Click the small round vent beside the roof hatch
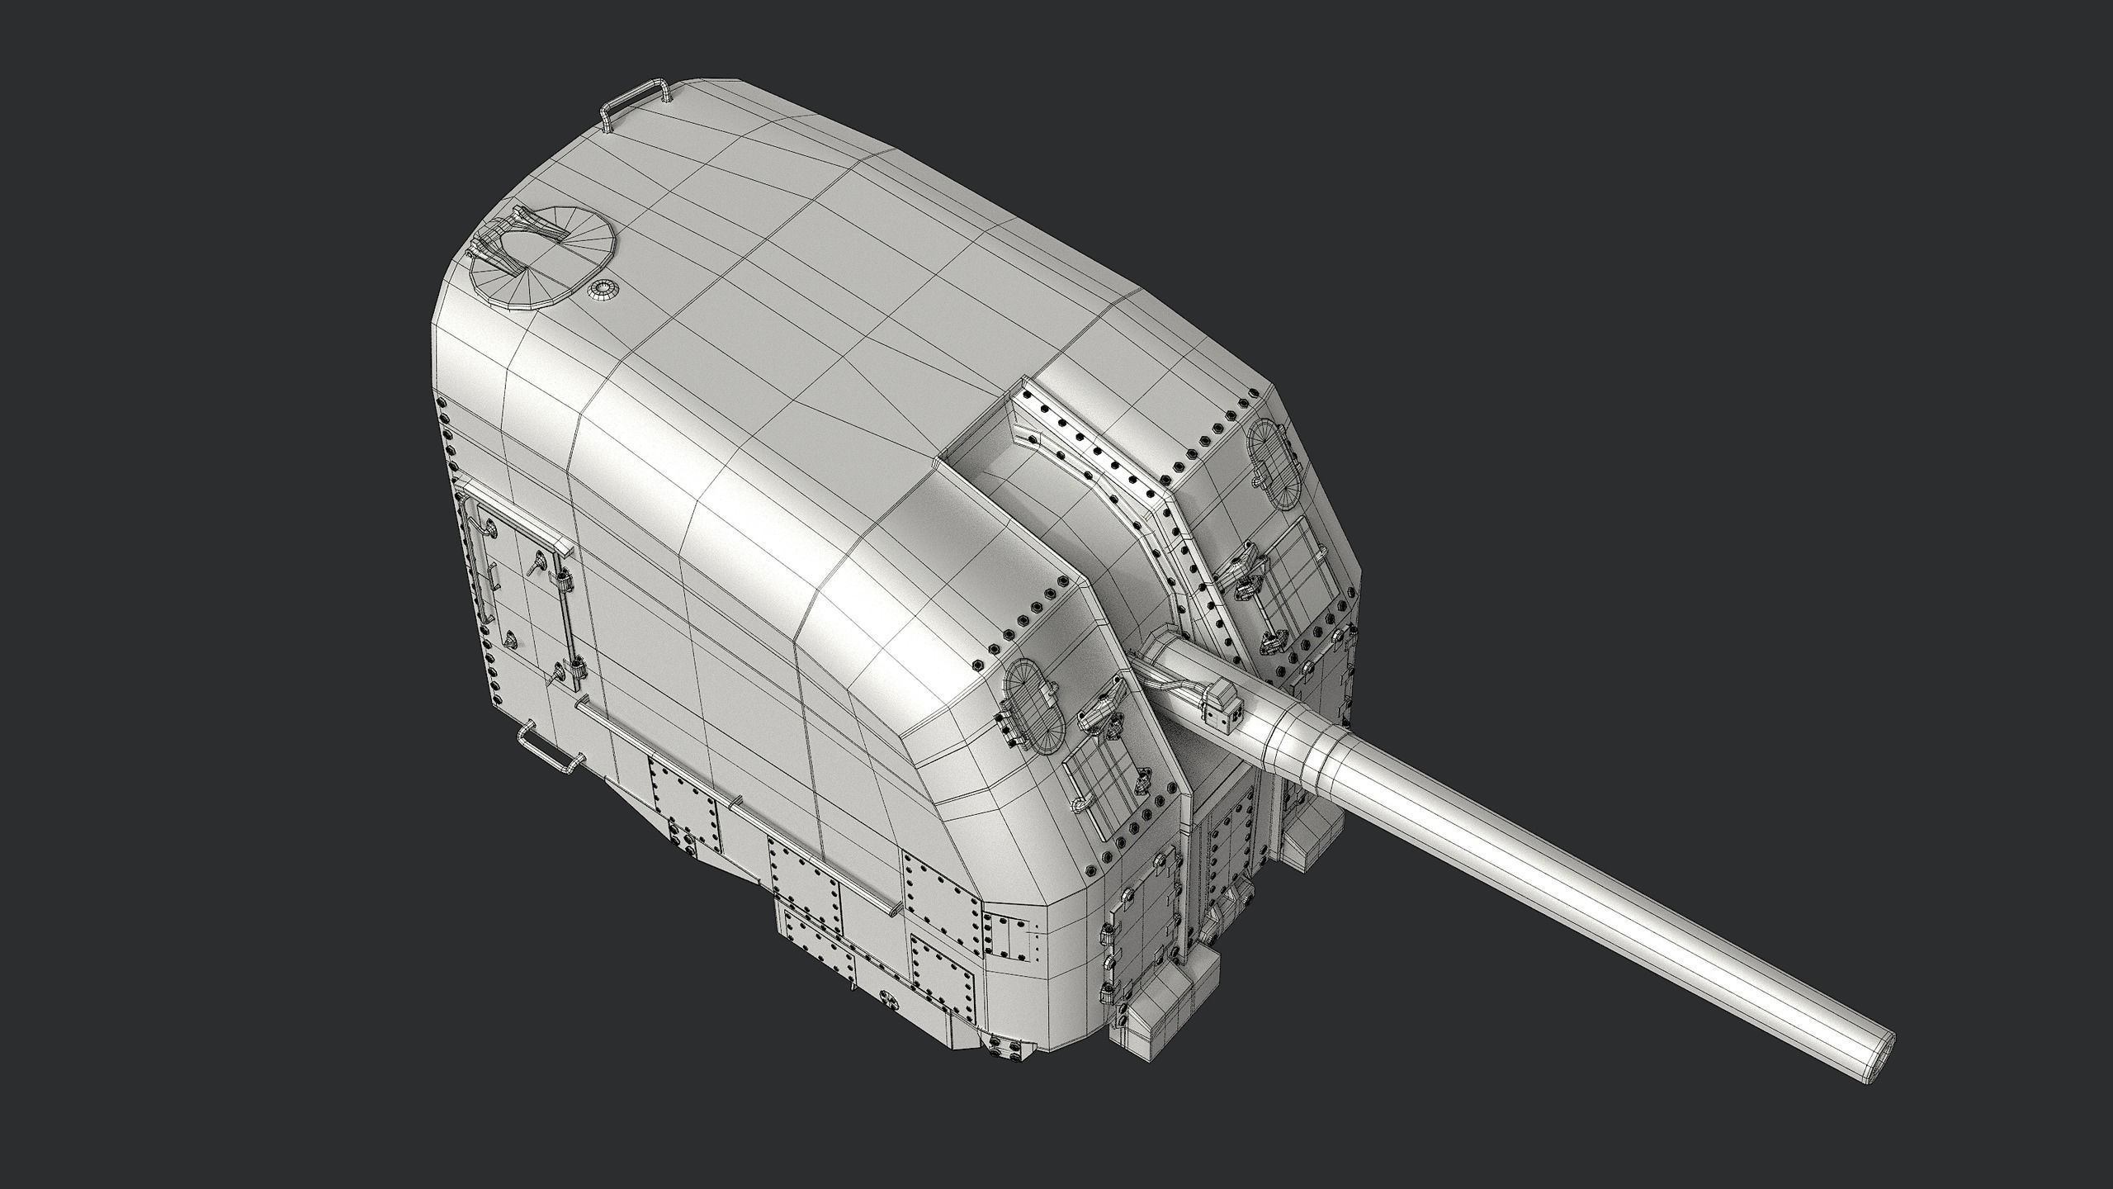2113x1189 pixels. click(603, 289)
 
